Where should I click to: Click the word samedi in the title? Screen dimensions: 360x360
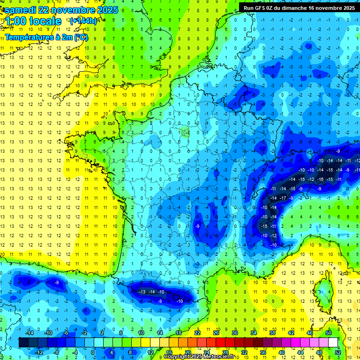(x=21, y=10)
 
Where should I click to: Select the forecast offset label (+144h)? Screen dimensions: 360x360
(x=83, y=21)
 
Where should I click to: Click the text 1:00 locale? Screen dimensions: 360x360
(x=33, y=22)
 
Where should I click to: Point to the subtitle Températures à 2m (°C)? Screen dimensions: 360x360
(x=46, y=37)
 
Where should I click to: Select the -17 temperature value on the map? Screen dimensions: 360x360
(x=283, y=198)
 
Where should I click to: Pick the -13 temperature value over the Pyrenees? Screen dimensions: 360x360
(x=142, y=292)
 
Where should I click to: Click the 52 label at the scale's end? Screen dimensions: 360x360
(x=337, y=352)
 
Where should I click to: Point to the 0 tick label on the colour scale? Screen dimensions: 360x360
(x=93, y=352)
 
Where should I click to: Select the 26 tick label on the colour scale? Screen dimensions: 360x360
(x=216, y=333)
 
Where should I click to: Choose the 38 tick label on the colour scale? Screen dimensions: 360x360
(x=272, y=333)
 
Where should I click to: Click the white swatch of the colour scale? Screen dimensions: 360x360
(x=333, y=343)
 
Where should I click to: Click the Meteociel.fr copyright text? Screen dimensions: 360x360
(x=199, y=357)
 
